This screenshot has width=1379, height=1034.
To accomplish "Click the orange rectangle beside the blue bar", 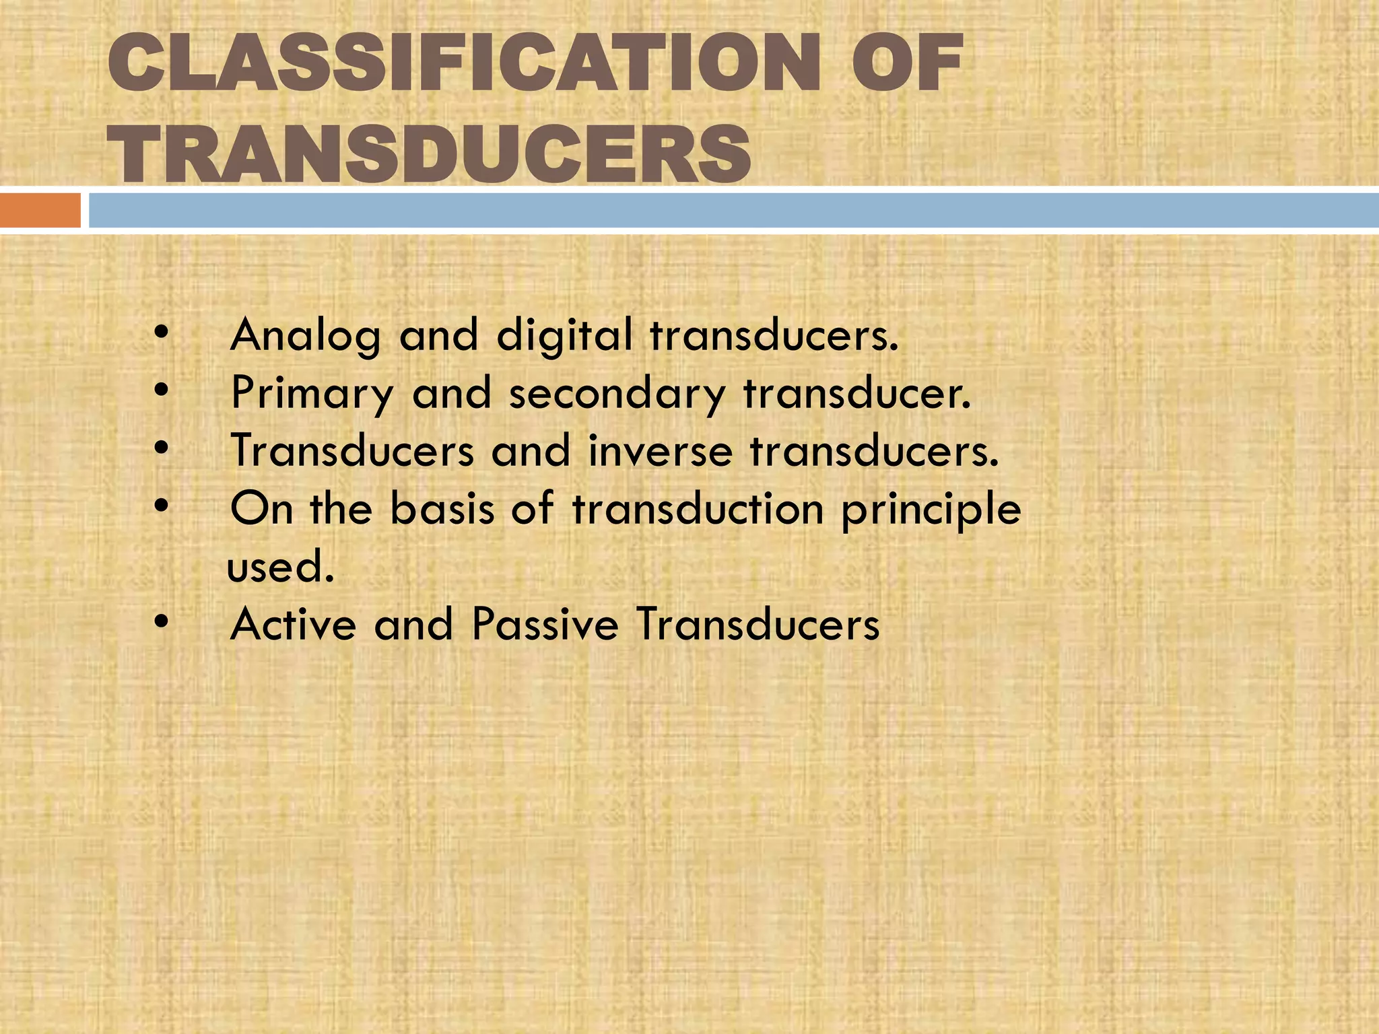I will (x=40, y=210).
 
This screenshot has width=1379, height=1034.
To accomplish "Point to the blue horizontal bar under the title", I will (x=734, y=210).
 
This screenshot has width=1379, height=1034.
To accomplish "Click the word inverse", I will (x=660, y=451).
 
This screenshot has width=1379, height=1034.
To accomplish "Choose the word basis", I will (x=442, y=509).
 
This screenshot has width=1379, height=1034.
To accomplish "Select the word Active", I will (x=294, y=624).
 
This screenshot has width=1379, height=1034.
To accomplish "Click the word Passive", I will (x=545, y=624).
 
